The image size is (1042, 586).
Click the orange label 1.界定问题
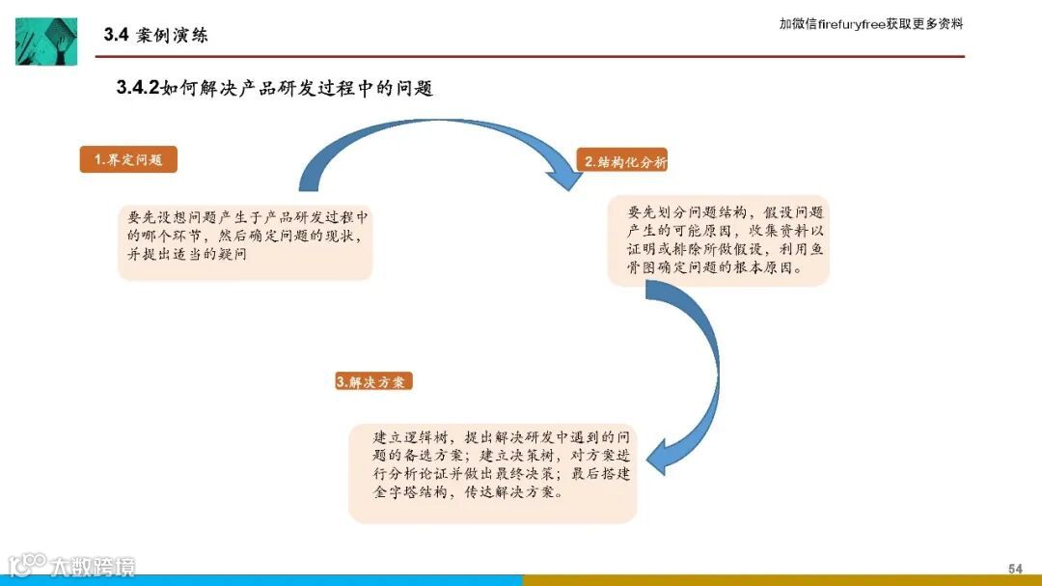point(128,160)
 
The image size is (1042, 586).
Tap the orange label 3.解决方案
point(374,381)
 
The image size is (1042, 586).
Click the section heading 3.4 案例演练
point(155,36)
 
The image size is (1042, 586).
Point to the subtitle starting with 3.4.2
point(275,89)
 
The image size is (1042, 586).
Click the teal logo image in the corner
point(45,41)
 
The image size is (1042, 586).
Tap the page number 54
point(1015,568)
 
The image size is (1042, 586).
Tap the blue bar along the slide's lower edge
point(260,580)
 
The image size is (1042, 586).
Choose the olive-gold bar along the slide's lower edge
point(781,580)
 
